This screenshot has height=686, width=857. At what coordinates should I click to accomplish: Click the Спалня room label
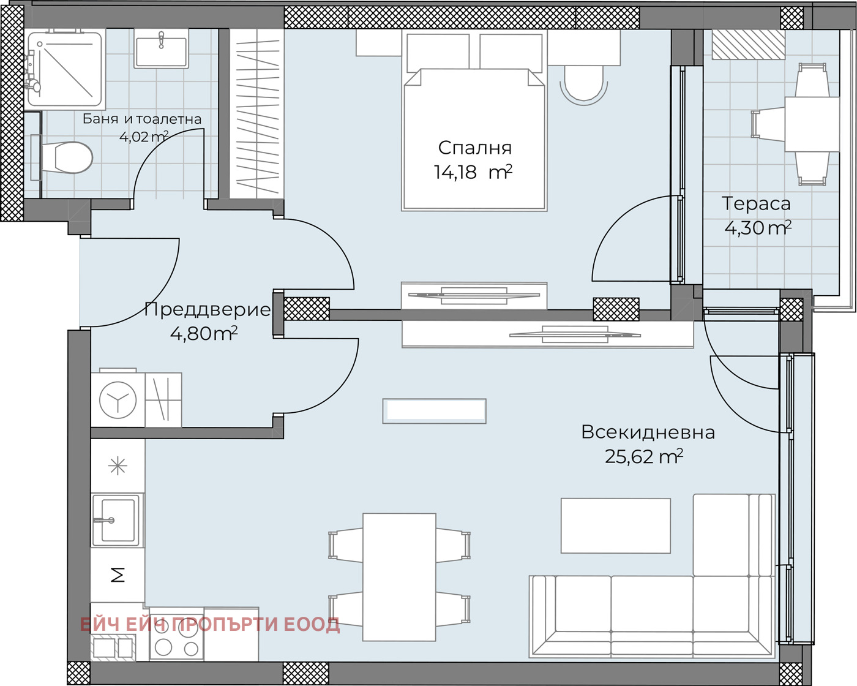tap(474, 148)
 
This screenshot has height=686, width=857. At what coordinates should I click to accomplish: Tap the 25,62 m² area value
tap(643, 456)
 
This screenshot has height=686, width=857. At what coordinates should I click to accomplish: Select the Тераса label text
tap(756, 203)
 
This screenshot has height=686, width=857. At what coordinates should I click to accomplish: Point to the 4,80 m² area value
tap(203, 334)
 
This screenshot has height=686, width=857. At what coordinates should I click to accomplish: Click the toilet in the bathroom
tap(67, 157)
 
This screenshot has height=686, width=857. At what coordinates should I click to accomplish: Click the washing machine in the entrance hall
tap(118, 400)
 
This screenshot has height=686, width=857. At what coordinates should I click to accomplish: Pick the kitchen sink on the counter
tap(116, 520)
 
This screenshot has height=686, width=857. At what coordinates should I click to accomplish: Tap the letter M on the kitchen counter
tap(118, 575)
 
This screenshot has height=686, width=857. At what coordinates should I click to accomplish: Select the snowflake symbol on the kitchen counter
tap(118, 467)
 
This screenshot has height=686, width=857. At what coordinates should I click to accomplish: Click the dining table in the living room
tap(399, 577)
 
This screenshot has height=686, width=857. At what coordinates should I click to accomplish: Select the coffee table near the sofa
tap(616, 526)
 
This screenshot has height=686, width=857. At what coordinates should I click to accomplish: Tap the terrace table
tap(811, 123)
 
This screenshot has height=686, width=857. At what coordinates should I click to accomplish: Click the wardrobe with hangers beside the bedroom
tap(257, 113)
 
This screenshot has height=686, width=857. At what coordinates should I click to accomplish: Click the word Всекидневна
tap(648, 432)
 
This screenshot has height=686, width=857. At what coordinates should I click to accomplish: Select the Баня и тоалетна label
tap(142, 119)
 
